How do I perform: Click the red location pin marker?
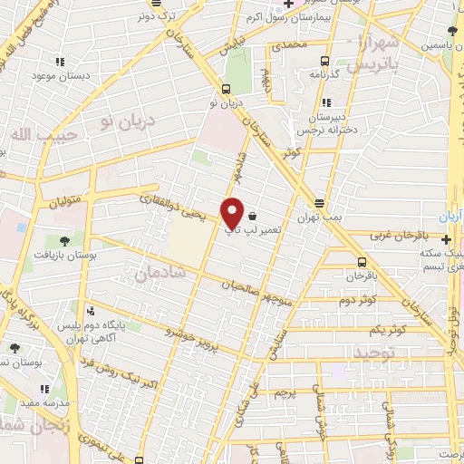[x=233, y=212]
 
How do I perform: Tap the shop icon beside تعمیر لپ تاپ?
[x=251, y=217]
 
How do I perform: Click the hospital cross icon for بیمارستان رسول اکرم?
[x=287, y=4]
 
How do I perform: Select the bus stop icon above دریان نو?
[x=226, y=89]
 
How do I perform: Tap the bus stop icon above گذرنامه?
[x=324, y=61]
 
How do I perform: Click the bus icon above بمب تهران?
[x=318, y=203]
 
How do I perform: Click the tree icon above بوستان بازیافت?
[x=64, y=240]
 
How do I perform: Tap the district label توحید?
[x=373, y=351]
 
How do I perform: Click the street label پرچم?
[x=285, y=392]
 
